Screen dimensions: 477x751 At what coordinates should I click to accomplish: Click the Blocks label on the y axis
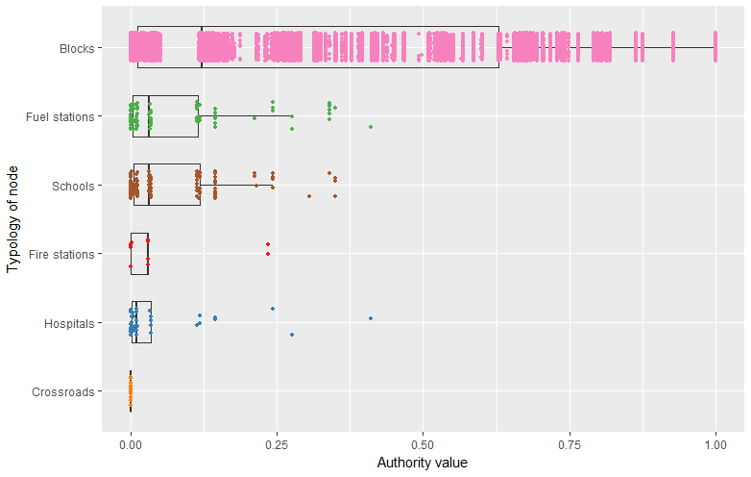tap(76, 47)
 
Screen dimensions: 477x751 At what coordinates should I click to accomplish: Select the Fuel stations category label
tap(61, 116)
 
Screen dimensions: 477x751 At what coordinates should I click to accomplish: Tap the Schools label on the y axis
tap(73, 186)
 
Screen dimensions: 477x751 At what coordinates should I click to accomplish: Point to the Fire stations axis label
tap(62, 255)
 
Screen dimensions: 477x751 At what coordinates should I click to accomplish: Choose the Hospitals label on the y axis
tap(69, 323)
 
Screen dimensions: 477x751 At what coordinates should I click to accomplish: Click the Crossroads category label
tap(63, 392)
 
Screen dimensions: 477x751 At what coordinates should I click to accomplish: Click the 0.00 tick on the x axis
tap(131, 447)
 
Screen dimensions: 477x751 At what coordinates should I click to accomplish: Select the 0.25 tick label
tap(277, 447)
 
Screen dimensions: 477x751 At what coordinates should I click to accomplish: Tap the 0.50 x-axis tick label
tap(424, 447)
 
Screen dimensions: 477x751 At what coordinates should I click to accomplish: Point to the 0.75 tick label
tap(569, 447)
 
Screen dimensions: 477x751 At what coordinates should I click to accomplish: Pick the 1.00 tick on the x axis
tap(715, 447)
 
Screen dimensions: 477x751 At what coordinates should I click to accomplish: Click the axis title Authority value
tap(423, 464)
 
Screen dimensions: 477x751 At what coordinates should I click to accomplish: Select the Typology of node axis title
tap(12, 219)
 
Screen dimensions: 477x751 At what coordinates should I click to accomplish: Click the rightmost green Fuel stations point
tap(370, 127)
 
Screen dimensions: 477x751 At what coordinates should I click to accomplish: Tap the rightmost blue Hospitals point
tap(370, 318)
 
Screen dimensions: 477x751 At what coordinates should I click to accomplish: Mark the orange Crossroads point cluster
tap(131, 391)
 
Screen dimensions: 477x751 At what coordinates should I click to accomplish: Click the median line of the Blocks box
tap(202, 47)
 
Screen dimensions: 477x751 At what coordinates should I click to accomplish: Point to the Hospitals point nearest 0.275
tap(291, 335)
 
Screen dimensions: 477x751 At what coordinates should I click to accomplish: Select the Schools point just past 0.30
tap(309, 196)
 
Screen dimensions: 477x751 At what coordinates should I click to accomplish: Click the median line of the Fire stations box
tap(147, 254)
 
